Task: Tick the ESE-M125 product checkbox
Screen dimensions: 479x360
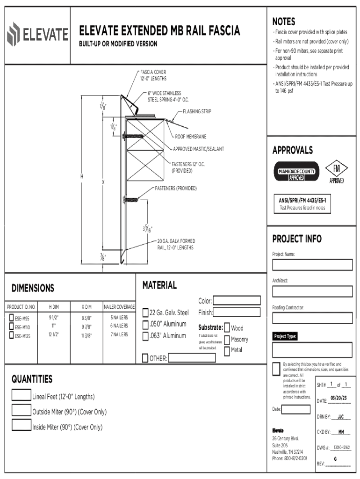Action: point(11,335)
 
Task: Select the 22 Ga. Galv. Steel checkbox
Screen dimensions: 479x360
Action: point(145,312)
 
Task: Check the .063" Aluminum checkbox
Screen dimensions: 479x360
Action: point(145,335)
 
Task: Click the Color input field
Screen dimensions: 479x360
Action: point(237,301)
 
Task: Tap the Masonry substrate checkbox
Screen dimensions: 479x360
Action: point(227,340)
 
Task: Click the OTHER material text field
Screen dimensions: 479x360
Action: point(191,358)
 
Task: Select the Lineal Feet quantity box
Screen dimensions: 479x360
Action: point(21,395)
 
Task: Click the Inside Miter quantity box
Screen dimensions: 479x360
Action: point(21,425)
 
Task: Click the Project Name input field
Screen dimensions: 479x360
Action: point(312,265)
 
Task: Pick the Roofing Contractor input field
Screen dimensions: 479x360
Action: point(312,318)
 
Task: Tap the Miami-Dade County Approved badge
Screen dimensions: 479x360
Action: point(296,172)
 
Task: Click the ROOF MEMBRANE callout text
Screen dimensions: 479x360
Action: point(190,137)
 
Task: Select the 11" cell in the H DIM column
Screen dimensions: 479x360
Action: point(54,326)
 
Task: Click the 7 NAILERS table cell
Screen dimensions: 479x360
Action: point(119,334)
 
